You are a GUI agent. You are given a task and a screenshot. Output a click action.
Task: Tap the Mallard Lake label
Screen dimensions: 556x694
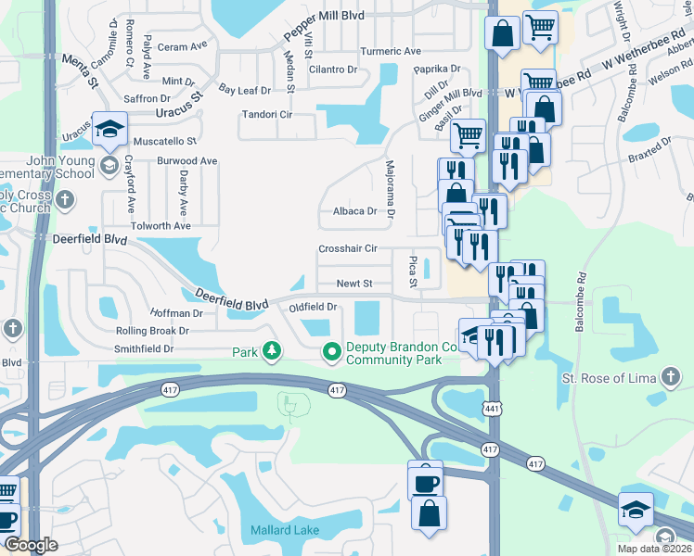(x=285, y=531)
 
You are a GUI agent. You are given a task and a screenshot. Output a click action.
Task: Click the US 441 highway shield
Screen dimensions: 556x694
(x=488, y=410)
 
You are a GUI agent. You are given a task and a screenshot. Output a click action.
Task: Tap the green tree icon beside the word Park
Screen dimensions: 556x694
(x=272, y=352)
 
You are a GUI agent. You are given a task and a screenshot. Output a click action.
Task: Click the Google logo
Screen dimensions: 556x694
(x=31, y=545)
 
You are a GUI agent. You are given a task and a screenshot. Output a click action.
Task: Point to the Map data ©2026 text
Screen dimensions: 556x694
(x=655, y=549)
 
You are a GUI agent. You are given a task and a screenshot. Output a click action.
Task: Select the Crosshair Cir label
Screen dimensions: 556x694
(x=348, y=248)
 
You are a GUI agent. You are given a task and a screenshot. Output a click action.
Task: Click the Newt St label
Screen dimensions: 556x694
(x=353, y=284)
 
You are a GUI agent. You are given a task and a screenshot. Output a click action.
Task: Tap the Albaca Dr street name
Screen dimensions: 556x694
(x=354, y=211)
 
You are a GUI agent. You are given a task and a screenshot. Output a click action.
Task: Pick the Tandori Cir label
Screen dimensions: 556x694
(x=266, y=115)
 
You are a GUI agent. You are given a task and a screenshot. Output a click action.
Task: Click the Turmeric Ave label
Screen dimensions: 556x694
(x=391, y=51)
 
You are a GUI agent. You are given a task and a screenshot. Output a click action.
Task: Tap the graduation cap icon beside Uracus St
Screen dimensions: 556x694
(x=109, y=131)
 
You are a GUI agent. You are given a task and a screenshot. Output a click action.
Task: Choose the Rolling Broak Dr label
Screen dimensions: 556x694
(x=152, y=330)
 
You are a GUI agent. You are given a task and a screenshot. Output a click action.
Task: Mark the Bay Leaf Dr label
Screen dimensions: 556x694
(x=244, y=90)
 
